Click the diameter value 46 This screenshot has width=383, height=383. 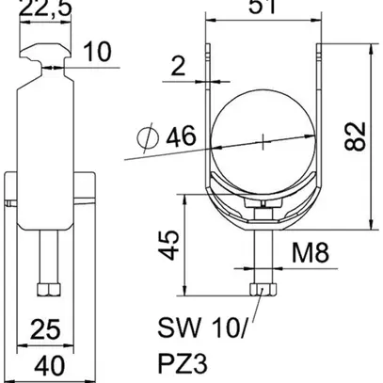coord(177,139)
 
